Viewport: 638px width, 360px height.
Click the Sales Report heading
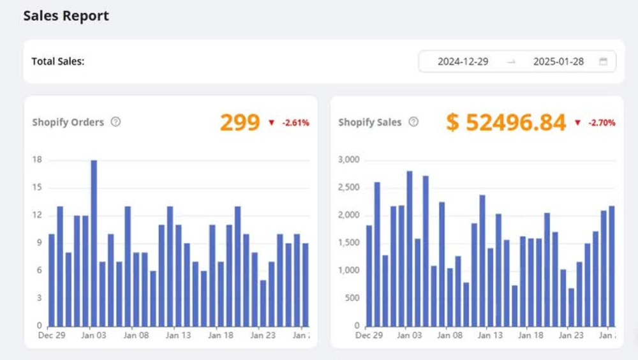(x=66, y=16)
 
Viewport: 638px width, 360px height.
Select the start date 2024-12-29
(x=463, y=61)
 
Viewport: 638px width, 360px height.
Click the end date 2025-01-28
(x=558, y=61)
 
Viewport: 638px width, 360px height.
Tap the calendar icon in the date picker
(x=603, y=61)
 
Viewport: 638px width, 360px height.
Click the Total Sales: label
(x=58, y=61)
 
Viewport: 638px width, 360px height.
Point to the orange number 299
(x=240, y=122)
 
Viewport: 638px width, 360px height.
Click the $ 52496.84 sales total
(x=506, y=122)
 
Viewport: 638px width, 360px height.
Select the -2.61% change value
(x=296, y=123)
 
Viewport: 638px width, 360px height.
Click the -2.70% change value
(x=602, y=123)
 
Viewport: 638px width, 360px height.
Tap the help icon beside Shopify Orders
(x=115, y=122)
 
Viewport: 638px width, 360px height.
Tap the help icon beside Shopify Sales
(x=413, y=122)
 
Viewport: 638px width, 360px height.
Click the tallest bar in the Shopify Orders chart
(x=94, y=243)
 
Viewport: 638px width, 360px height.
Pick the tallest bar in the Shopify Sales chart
(x=410, y=248)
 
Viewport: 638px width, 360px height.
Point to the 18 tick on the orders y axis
(x=37, y=160)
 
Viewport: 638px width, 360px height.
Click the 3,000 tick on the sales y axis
(x=349, y=160)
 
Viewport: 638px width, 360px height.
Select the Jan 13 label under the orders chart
(x=178, y=335)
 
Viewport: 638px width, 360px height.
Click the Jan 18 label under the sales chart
(x=531, y=335)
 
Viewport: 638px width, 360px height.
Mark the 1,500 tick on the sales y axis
(x=349, y=243)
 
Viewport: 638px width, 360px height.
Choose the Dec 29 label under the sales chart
(x=369, y=335)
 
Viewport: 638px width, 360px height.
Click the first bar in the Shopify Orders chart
(x=52, y=280)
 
